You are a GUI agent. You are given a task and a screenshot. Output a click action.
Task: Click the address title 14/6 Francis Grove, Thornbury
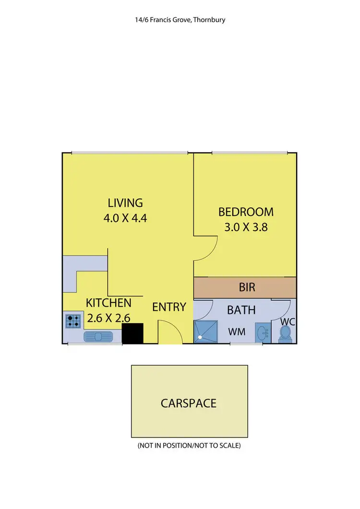click(180, 20)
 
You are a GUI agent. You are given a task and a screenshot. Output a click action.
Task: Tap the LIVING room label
click(125, 202)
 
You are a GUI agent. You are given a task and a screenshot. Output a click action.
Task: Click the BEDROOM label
click(246, 212)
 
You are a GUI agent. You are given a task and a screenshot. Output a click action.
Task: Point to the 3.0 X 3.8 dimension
click(246, 227)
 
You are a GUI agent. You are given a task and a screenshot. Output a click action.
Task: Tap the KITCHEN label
click(108, 303)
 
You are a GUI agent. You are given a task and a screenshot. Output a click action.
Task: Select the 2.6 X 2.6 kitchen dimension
click(108, 317)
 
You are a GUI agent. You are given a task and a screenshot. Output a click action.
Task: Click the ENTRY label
click(169, 307)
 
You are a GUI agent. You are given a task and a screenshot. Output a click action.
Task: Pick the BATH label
click(241, 310)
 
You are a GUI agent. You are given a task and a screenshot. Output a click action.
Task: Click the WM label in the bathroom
click(238, 331)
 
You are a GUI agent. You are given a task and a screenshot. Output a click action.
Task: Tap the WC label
click(288, 321)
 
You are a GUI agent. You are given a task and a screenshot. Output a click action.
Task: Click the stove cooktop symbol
click(73, 320)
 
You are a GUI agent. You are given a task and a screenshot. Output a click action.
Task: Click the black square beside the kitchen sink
click(132, 333)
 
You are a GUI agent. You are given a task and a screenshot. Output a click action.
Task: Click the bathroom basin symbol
click(262, 332)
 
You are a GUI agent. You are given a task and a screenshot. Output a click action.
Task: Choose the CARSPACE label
click(189, 402)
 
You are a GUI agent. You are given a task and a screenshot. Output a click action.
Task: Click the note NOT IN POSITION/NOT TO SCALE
click(189, 446)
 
